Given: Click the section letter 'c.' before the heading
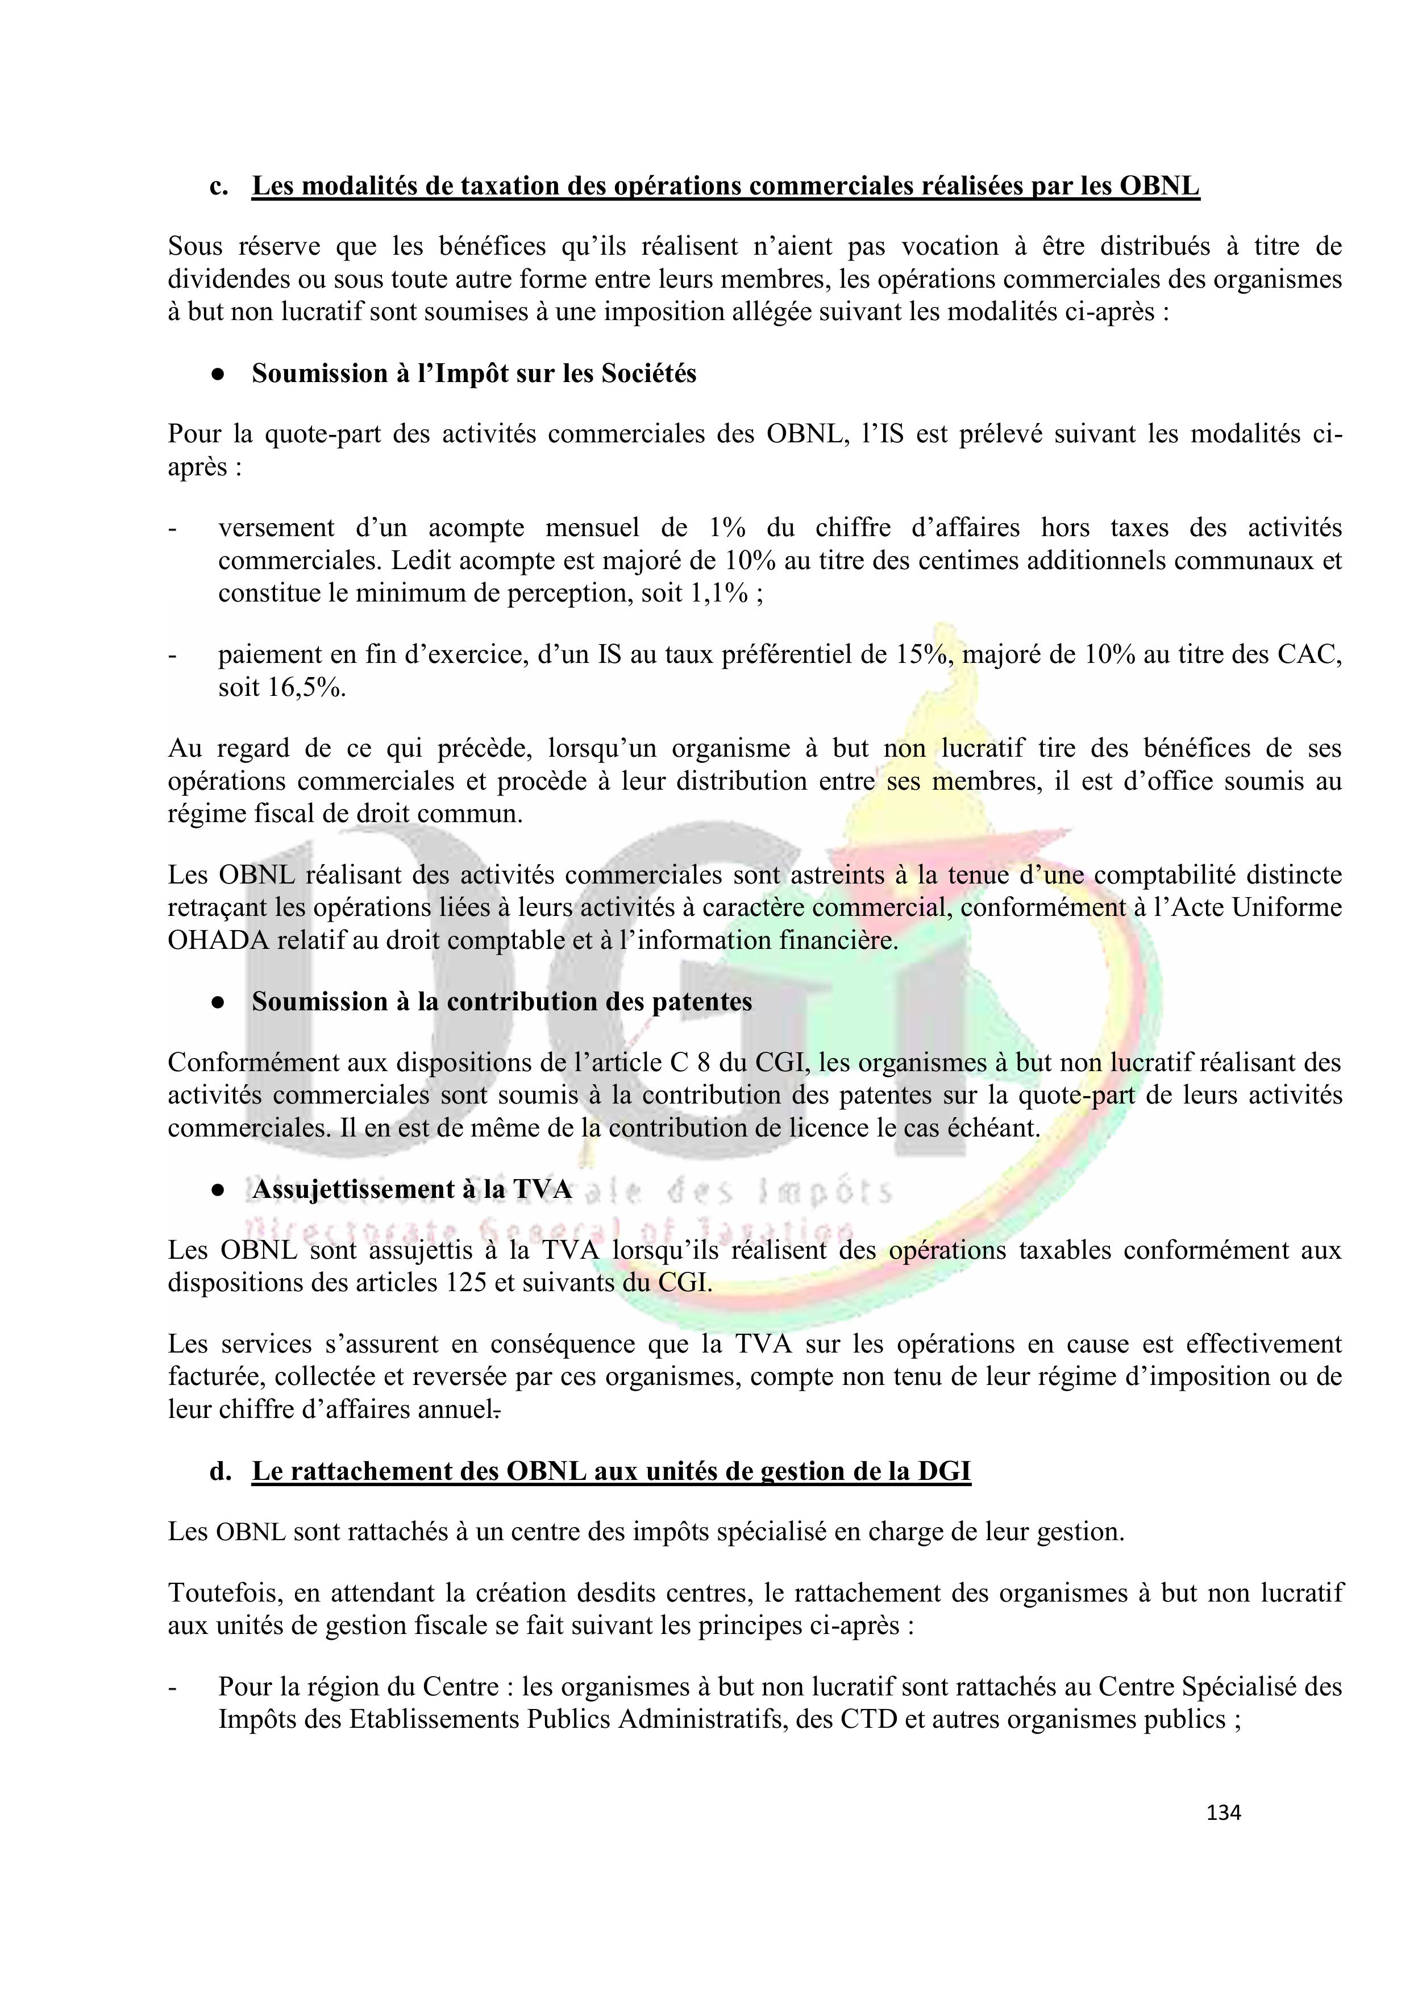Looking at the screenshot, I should point(219,187).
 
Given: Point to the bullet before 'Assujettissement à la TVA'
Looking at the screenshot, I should point(218,1189).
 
